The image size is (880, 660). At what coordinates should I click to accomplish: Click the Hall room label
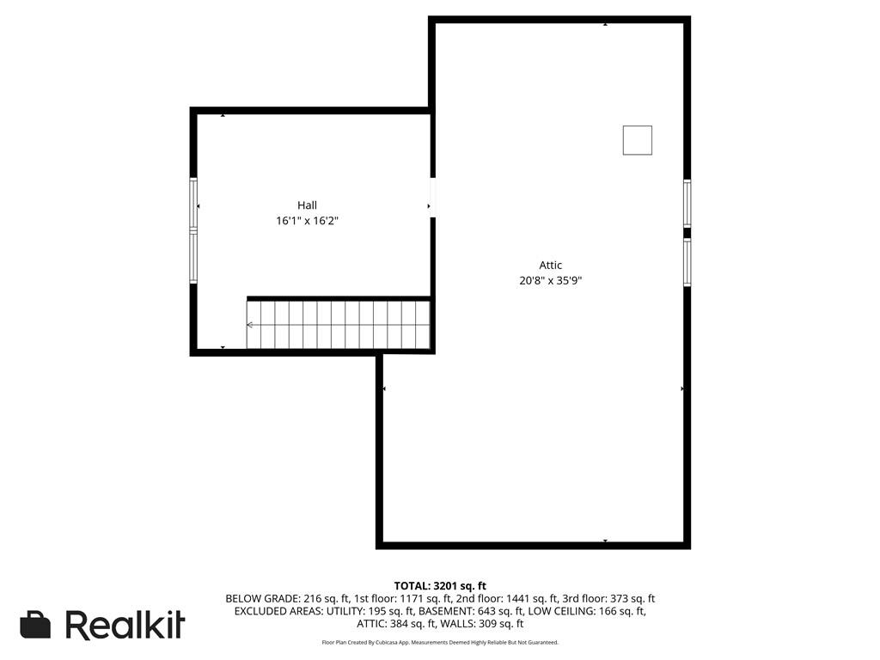point(307,205)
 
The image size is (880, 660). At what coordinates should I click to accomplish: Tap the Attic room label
point(551,266)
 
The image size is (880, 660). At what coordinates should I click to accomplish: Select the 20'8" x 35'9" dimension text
point(551,280)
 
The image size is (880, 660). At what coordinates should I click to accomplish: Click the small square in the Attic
point(637,140)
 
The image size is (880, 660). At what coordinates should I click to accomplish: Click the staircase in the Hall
point(339,325)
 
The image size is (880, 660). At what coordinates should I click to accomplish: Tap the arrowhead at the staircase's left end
point(249,325)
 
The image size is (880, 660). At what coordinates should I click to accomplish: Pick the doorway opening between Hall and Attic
point(432,198)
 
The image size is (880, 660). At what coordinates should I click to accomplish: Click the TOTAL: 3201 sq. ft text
point(439,586)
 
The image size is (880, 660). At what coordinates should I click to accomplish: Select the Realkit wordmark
point(125,625)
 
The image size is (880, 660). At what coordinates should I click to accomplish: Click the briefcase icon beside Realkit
point(35,625)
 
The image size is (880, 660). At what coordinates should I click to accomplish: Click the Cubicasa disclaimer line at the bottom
point(439,643)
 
